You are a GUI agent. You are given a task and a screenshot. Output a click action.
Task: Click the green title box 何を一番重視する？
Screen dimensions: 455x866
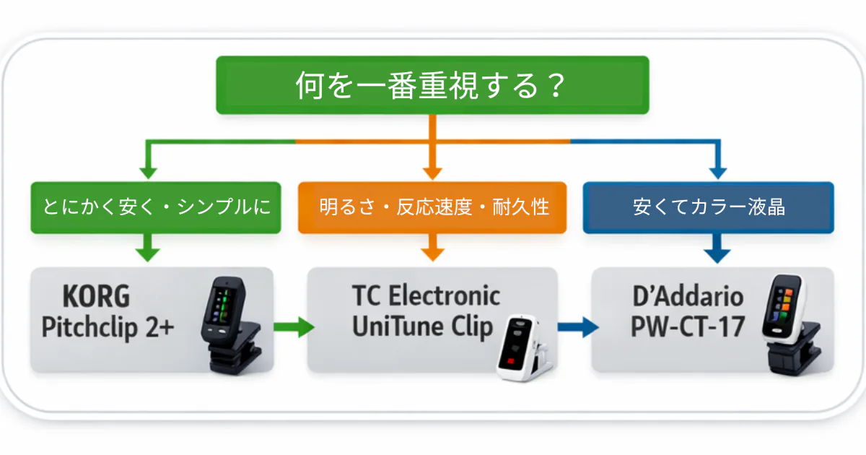click(x=432, y=85)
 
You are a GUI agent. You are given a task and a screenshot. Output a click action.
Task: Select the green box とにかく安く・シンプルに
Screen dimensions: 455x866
click(x=156, y=207)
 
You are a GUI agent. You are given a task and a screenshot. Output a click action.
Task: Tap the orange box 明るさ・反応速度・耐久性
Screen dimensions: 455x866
click(x=433, y=207)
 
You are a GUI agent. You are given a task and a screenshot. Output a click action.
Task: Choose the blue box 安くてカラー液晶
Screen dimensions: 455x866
click(x=708, y=207)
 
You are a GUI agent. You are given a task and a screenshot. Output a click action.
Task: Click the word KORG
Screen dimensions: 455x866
click(x=96, y=297)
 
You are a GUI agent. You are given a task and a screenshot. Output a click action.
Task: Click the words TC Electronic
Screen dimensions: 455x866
click(x=426, y=296)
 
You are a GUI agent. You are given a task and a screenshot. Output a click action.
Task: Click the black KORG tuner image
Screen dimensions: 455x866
click(x=231, y=325)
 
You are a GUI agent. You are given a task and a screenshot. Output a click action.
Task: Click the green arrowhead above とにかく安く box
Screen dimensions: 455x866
click(x=148, y=172)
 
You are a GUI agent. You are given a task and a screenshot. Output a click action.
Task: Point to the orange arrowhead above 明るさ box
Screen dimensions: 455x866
click(x=432, y=172)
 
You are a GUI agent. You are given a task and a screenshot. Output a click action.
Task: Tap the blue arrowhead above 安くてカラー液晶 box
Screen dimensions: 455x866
click(x=717, y=172)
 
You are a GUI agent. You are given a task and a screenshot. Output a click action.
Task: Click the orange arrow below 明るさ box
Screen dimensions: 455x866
click(x=432, y=249)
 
